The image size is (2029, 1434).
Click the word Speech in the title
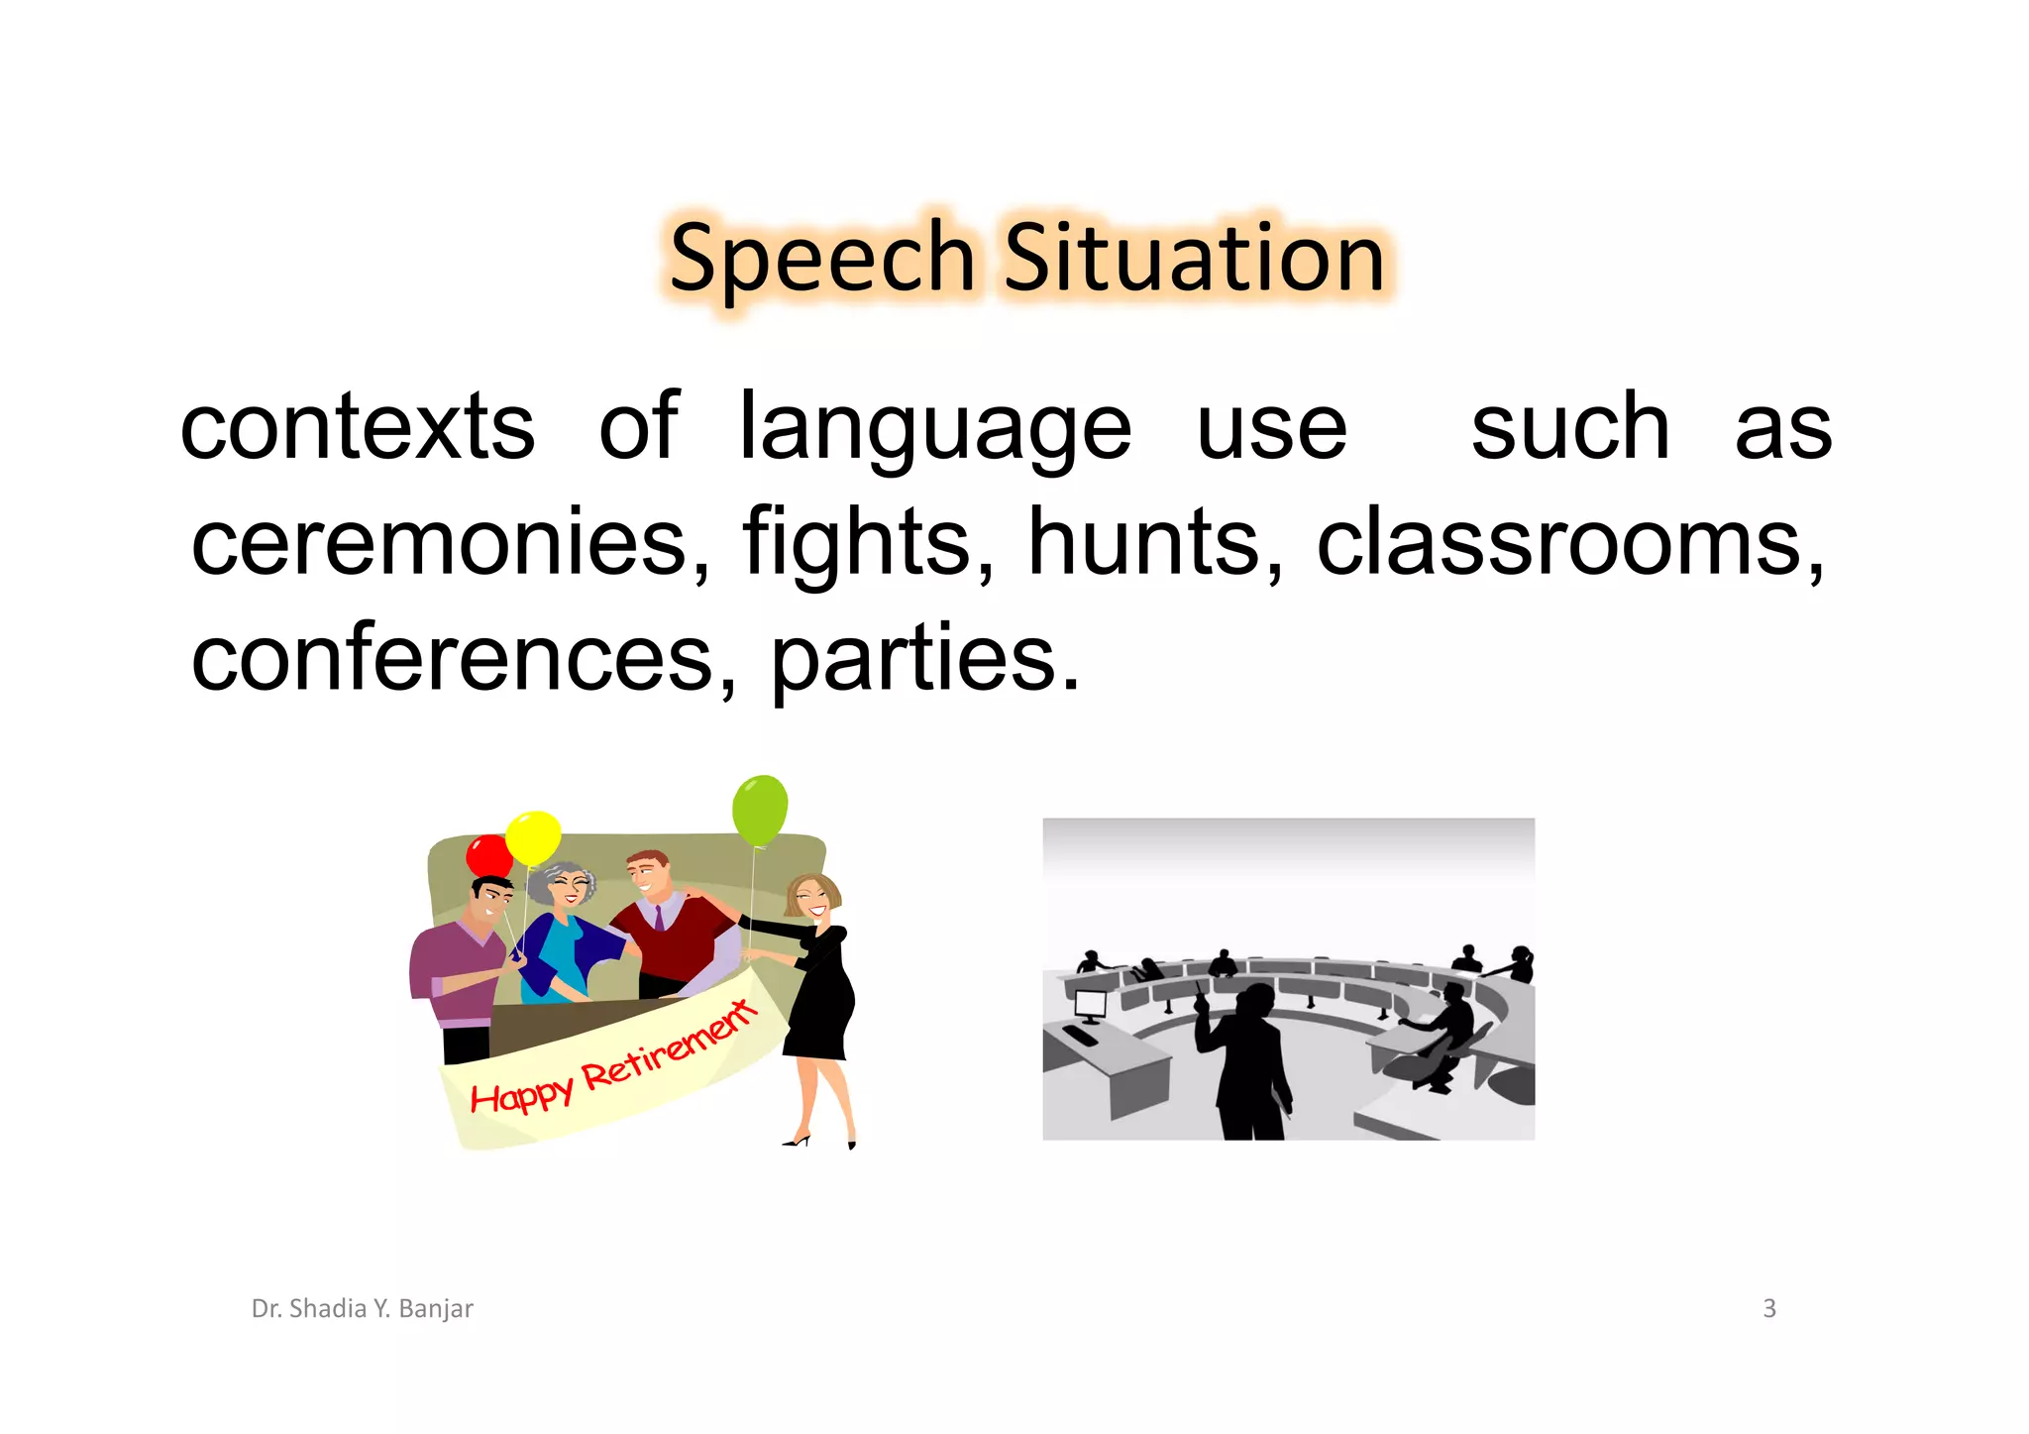point(822,258)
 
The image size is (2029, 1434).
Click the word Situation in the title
point(1194,258)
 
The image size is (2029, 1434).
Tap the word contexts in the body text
point(358,427)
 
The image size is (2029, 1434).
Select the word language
point(935,427)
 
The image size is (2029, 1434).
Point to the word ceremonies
point(451,542)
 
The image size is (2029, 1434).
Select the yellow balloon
point(533,837)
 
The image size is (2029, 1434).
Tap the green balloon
point(760,810)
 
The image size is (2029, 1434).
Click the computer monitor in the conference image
point(1090,1005)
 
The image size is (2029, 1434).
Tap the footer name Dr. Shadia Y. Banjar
point(363,1309)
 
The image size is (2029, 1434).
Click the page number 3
point(1769,1309)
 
